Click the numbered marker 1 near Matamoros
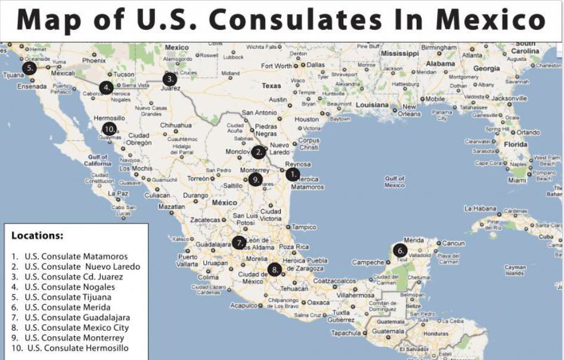(292, 174)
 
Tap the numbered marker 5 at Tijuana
(29, 68)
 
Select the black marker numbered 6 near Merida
(399, 250)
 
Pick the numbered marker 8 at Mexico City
(274, 269)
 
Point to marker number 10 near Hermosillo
(109, 128)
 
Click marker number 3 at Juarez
(170, 79)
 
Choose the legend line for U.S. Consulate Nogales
(70, 287)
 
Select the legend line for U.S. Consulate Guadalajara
(77, 317)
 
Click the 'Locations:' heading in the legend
(37, 235)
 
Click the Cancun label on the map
(453, 243)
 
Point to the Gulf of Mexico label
(395, 182)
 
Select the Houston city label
(306, 119)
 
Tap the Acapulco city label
(243, 305)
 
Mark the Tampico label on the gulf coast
(303, 227)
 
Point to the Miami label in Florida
(517, 180)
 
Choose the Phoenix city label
(94, 60)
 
